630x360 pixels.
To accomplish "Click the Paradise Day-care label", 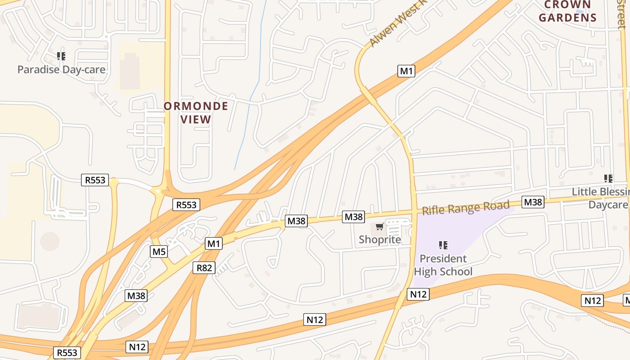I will pos(61,69).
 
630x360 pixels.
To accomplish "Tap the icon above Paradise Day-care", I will pos(61,56).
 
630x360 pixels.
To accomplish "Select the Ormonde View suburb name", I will pos(196,112).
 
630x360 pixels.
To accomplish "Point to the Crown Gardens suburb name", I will pos(567,12).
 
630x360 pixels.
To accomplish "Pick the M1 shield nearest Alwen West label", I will pos(406,71).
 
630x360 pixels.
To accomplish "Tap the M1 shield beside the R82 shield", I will pos(213,243).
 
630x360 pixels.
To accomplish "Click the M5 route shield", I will pos(158,251).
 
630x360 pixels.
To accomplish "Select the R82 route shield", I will pos(204,268).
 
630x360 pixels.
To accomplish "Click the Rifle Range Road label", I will pos(466,208).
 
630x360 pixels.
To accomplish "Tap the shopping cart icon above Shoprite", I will pos(379,227).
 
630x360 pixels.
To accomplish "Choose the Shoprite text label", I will pos(379,239).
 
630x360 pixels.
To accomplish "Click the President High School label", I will pos(443,265).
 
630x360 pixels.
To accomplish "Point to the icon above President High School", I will pos(443,245).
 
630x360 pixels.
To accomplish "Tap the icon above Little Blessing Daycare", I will pos(608,179).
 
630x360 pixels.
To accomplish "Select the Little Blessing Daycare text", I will pos(601,198).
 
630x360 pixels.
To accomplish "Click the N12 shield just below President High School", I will pos(418,294).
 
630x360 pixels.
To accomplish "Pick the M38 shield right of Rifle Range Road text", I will pos(533,202).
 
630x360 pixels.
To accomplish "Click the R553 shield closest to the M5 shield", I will pos(186,205).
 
